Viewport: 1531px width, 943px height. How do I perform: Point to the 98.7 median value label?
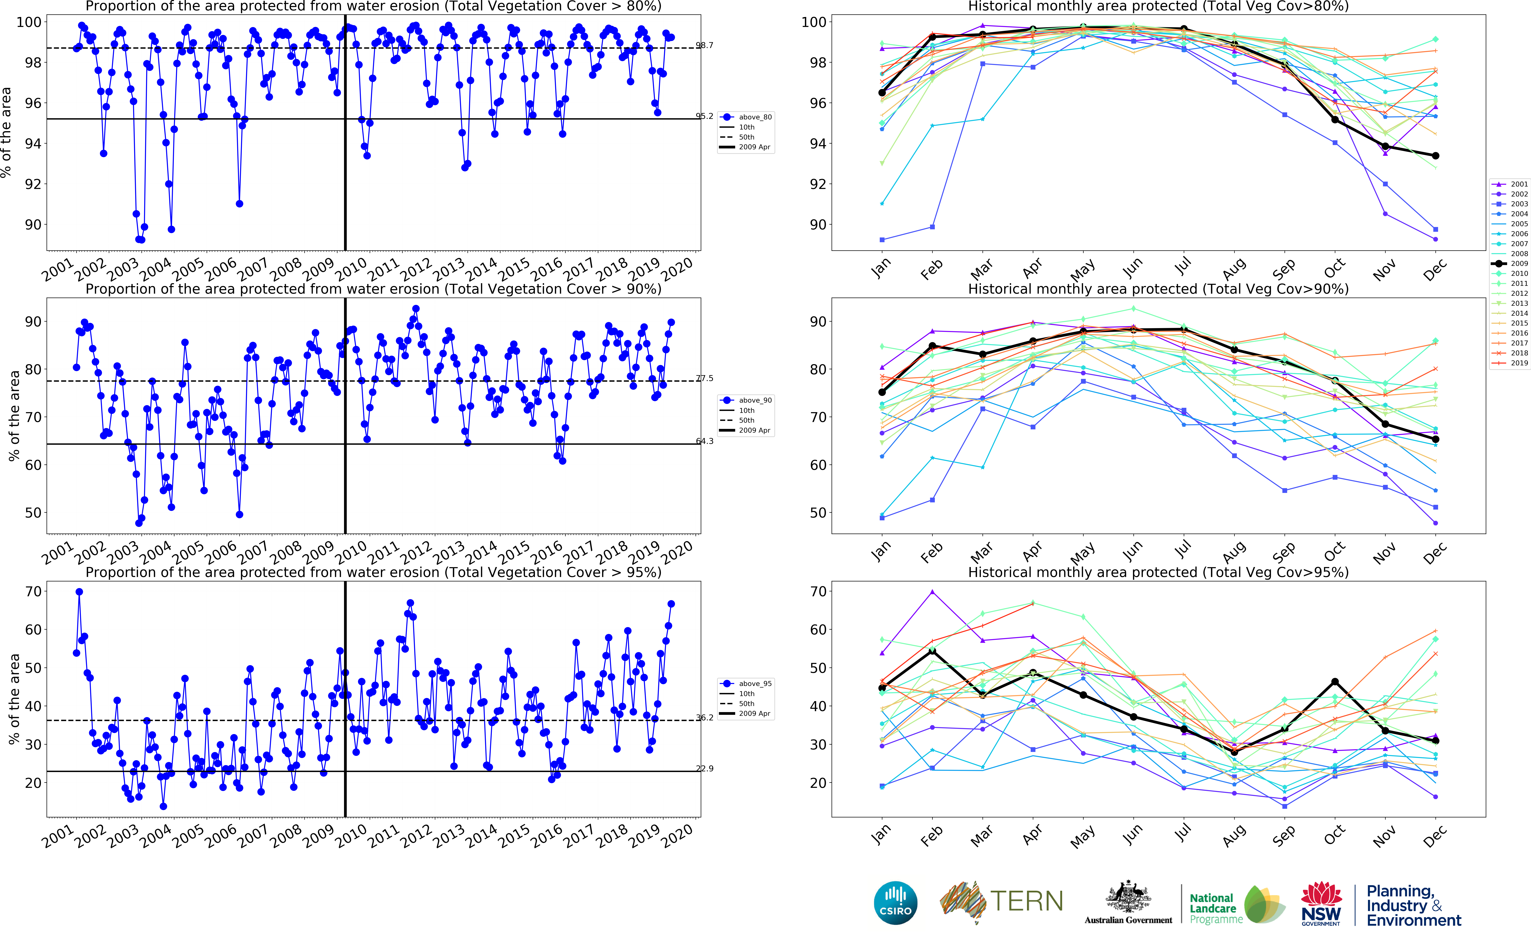[x=705, y=46]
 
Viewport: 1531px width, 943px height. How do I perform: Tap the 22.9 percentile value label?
[x=705, y=768]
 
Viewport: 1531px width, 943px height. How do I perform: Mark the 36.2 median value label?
[x=705, y=718]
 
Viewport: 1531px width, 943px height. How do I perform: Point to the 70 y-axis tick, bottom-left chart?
[x=34, y=591]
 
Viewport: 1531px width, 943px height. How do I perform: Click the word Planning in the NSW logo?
[x=1400, y=891]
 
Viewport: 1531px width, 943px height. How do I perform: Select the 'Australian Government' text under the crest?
[x=1128, y=920]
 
